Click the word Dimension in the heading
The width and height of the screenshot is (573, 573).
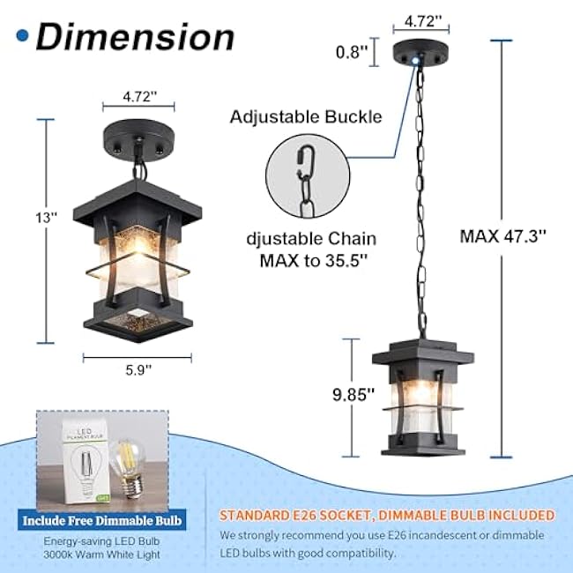click(135, 37)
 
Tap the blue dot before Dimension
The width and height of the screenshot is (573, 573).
click(21, 36)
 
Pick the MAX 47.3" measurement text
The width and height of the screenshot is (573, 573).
click(502, 236)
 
